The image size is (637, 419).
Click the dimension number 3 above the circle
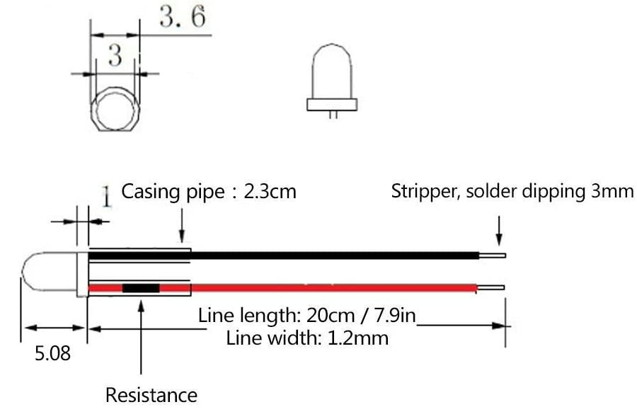pyautogui.click(x=115, y=56)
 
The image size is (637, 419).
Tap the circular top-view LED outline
pyautogui.click(x=117, y=113)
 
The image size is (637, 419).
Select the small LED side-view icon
pyautogui.click(x=331, y=78)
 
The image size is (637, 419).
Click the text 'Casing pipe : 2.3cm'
pyautogui.click(x=209, y=191)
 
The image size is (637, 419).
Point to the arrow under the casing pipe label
pyautogui.click(x=183, y=226)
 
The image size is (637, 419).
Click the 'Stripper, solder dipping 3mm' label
pyautogui.click(x=512, y=192)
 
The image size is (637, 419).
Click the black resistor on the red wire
pyautogui.click(x=141, y=288)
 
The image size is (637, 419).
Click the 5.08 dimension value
pyautogui.click(x=53, y=352)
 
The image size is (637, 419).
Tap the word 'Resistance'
pyautogui.click(x=151, y=395)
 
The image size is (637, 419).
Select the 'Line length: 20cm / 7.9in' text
pyautogui.click(x=307, y=315)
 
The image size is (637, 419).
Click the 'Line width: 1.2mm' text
pyautogui.click(x=307, y=338)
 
